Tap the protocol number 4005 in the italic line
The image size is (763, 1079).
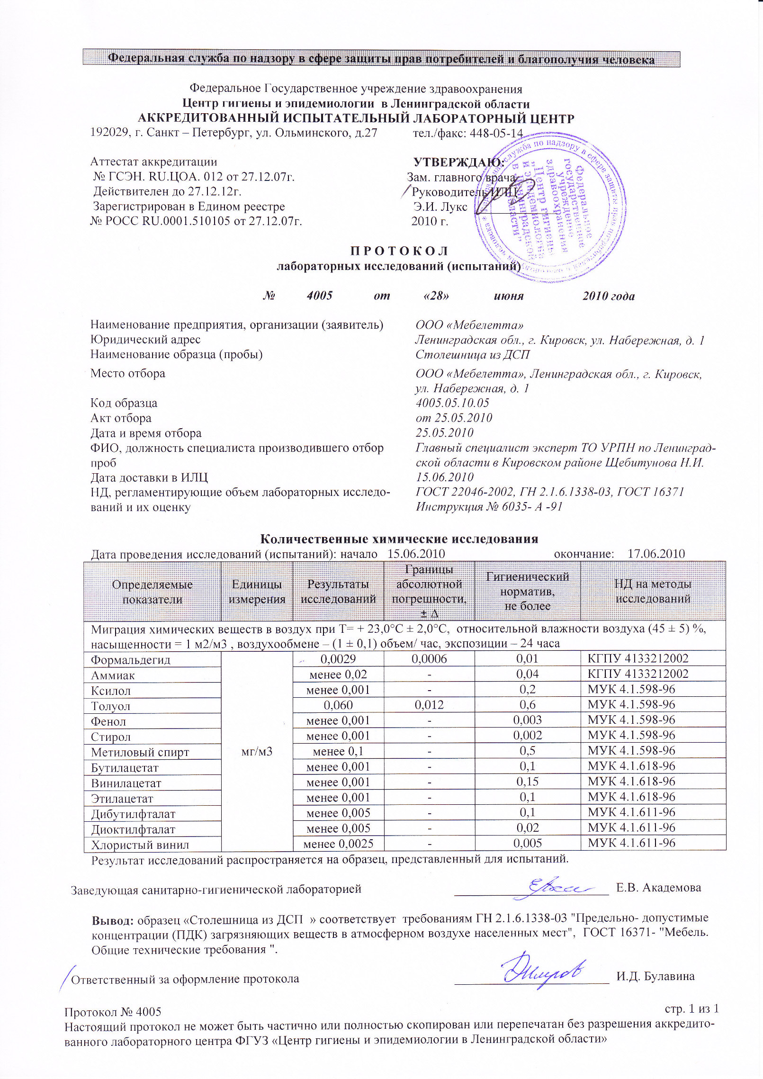click(x=319, y=296)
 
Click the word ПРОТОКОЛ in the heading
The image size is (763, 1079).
click(x=399, y=251)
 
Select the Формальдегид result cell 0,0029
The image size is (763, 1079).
click(x=338, y=659)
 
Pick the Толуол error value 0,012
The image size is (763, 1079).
click(x=429, y=705)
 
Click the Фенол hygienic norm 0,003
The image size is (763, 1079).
click(x=527, y=720)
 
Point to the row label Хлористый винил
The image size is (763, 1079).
click(x=140, y=845)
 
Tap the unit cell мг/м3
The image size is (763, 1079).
click(x=257, y=752)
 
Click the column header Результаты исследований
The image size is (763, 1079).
click(x=338, y=591)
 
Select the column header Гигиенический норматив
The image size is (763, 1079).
click(x=527, y=591)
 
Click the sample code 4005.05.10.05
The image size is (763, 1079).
click(x=452, y=403)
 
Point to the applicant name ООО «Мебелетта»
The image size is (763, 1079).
click(x=469, y=325)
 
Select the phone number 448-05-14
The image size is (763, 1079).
click(x=496, y=133)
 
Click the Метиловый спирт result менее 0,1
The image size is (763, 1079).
click(x=338, y=751)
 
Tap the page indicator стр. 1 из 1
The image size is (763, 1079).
click(x=692, y=1008)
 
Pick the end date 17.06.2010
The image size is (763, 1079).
click(x=656, y=554)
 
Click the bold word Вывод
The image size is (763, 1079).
click(x=112, y=920)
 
